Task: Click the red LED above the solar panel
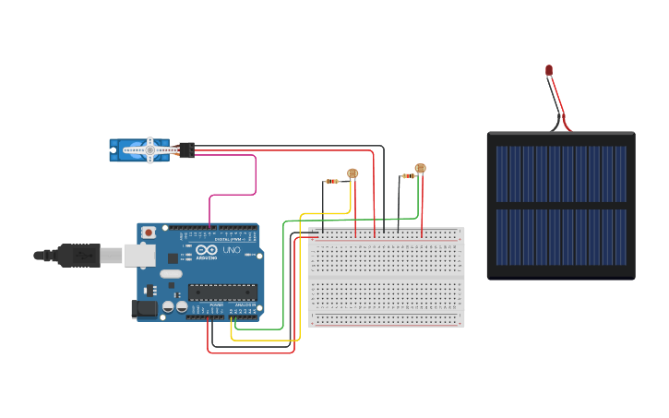[549, 70]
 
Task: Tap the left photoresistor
[352, 173]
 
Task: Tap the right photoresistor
[420, 168]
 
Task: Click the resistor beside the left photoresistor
[331, 181]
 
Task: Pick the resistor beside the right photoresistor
[408, 175]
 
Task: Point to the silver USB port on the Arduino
[139, 255]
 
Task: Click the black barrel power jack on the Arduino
[143, 309]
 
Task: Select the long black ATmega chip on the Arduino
[222, 293]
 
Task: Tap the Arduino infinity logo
[206, 251]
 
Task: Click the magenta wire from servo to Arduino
[255, 175]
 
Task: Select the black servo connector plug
[187, 149]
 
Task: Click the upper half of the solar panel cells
[561, 173]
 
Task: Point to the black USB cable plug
[78, 255]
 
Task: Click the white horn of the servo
[151, 149]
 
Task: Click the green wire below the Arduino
[258, 328]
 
